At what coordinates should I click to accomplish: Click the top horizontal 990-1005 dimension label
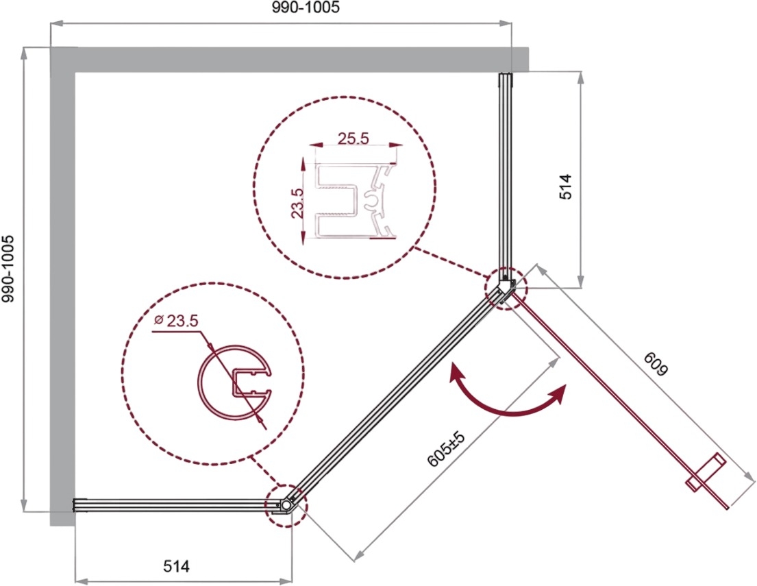click(305, 8)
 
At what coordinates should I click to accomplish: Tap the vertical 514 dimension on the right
click(565, 186)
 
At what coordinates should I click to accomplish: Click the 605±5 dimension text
click(446, 450)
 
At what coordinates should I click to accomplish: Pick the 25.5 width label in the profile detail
click(353, 138)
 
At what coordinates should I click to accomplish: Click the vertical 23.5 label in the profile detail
click(297, 204)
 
